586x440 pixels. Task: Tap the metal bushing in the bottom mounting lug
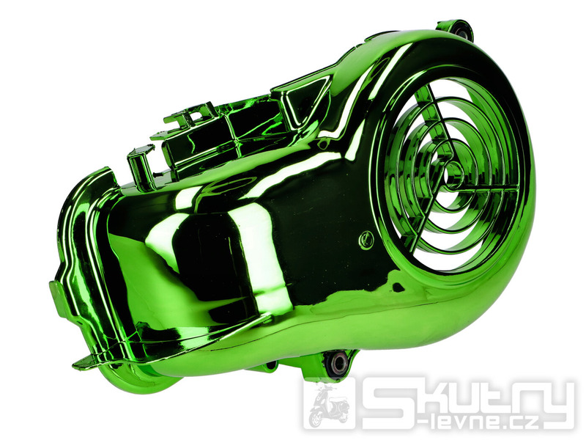pos(338,362)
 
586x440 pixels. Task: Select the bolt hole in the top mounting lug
pos(463,32)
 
